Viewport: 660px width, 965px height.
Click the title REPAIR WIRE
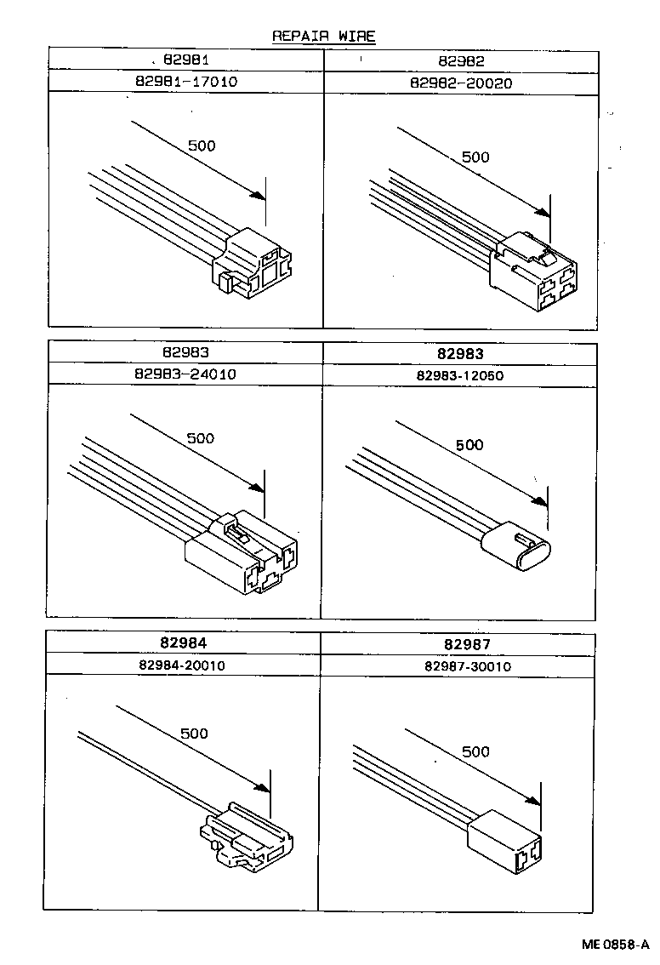click(x=323, y=36)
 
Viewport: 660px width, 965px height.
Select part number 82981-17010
click(x=185, y=83)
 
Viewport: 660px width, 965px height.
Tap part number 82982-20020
click(x=461, y=83)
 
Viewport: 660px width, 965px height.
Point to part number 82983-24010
click(x=185, y=374)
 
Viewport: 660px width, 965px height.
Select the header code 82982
click(x=461, y=60)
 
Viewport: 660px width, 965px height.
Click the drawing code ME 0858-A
click(x=616, y=945)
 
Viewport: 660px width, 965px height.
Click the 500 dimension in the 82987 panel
click(x=476, y=751)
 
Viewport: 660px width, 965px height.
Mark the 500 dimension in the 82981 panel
click(x=202, y=146)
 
